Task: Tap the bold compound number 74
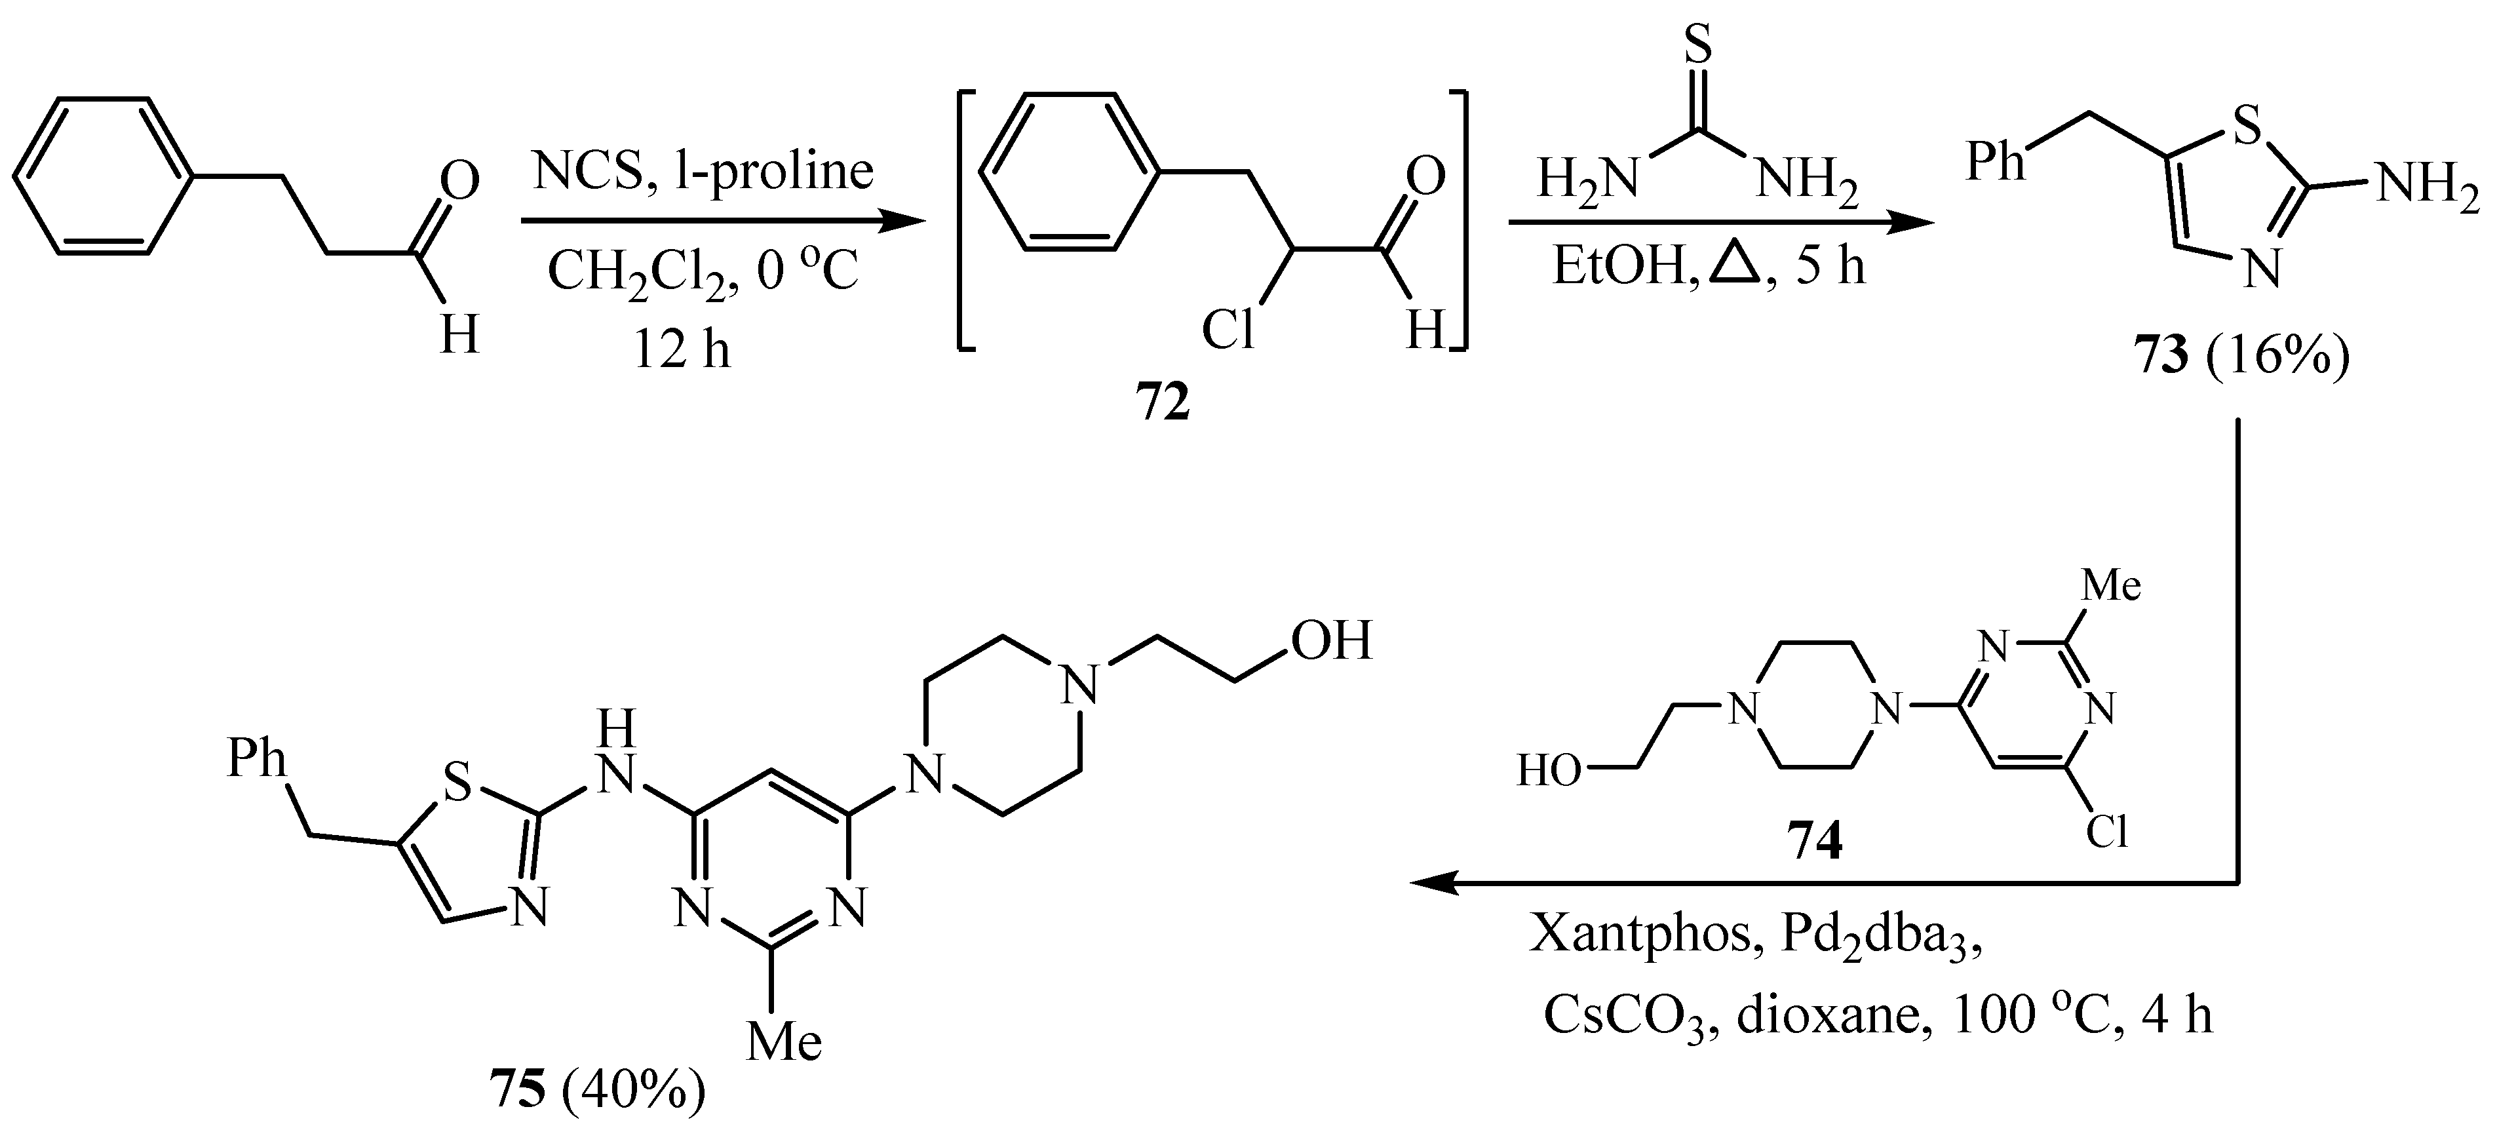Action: click(x=1815, y=843)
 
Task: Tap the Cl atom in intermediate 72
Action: click(x=1227, y=330)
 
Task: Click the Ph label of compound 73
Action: click(x=1995, y=162)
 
